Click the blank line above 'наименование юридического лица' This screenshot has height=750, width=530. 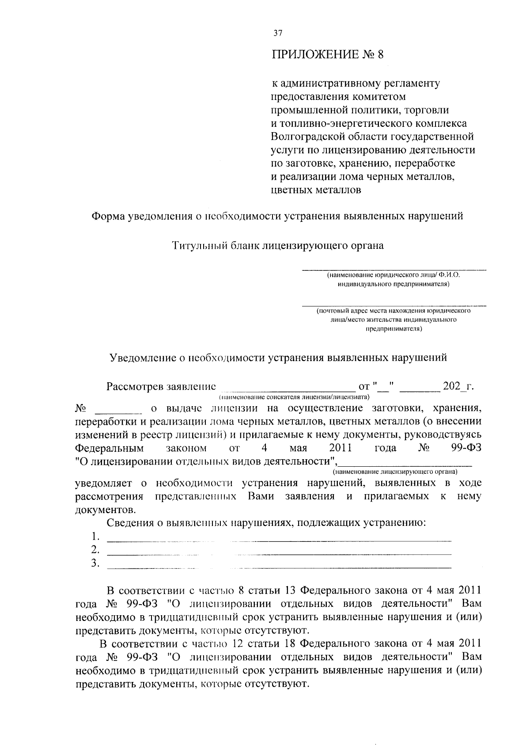pyautogui.click(x=394, y=269)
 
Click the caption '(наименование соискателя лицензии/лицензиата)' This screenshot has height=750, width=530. pyautogui.click(x=293, y=396)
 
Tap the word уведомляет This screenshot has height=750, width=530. pyautogui.click(x=104, y=483)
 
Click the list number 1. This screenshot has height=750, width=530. pyautogui.click(x=95, y=537)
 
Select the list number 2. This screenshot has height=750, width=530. pyautogui.click(x=95, y=550)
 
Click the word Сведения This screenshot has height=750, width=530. pyautogui.click(x=129, y=523)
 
